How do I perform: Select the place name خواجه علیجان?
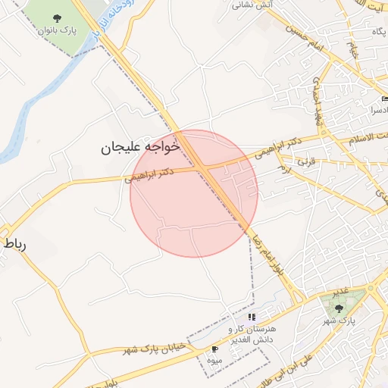click(x=140, y=147)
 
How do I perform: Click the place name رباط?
click(x=16, y=244)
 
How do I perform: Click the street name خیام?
click(x=353, y=50)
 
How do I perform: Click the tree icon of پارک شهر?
click(x=339, y=308)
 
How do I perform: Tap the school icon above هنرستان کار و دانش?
click(x=252, y=317)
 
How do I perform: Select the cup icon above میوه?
click(x=215, y=349)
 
